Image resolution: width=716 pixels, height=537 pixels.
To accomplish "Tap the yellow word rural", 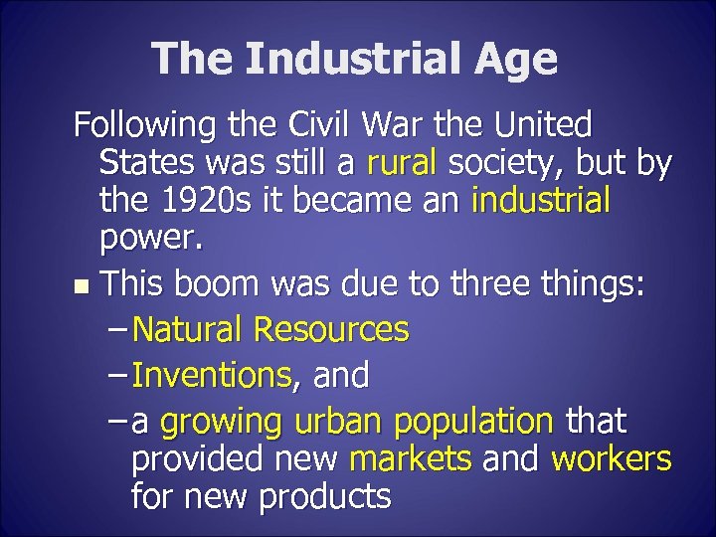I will pos(405,162).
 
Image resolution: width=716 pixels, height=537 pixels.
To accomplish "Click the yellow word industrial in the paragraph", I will pos(541,202).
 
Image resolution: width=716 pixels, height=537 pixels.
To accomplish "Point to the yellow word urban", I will pos(339,422).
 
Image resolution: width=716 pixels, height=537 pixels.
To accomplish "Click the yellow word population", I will pos(473,424).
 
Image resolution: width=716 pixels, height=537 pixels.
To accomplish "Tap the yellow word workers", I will pos(612,459).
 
